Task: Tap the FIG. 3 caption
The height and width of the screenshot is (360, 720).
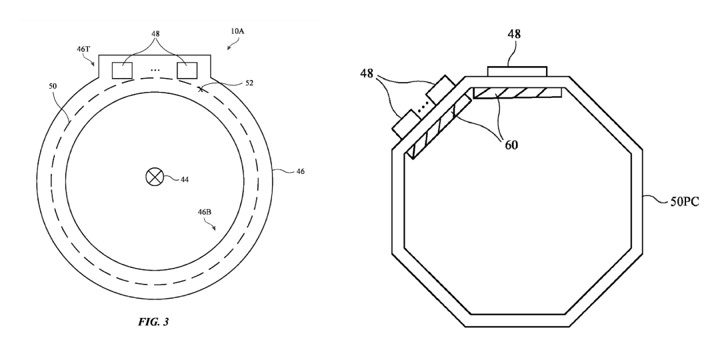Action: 153,322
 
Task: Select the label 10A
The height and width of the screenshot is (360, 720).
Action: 237,31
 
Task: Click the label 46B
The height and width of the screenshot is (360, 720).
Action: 205,212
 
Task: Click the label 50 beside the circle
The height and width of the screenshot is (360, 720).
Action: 53,86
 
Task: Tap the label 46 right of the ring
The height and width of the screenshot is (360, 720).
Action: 300,172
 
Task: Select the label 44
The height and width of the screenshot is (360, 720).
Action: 184,179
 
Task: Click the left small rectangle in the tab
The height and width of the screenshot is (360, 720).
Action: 122,70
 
